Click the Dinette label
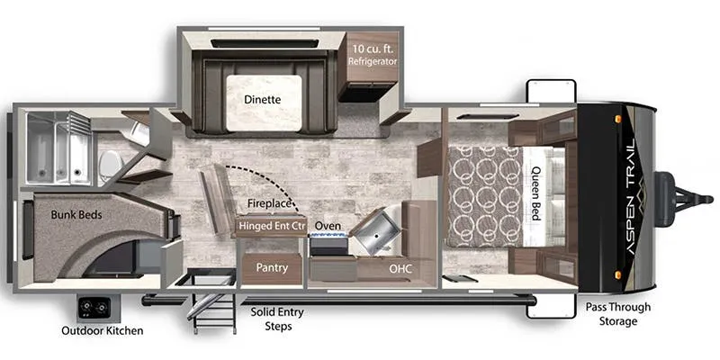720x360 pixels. point(262,100)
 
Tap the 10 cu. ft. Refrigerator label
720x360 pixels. point(373,55)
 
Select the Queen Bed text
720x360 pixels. point(535,193)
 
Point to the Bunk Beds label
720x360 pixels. point(76,215)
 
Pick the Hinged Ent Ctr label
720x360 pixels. point(272,226)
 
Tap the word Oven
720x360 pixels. point(328,226)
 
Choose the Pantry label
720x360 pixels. point(272,267)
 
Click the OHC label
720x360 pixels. point(400,268)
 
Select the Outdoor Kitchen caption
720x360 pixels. point(103,330)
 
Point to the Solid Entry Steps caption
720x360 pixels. point(277,319)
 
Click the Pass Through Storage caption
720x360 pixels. point(618,314)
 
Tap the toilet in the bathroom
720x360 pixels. point(112,165)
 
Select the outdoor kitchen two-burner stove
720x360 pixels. point(94,308)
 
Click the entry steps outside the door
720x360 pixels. point(213,312)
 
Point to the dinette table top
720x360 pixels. point(264,103)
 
